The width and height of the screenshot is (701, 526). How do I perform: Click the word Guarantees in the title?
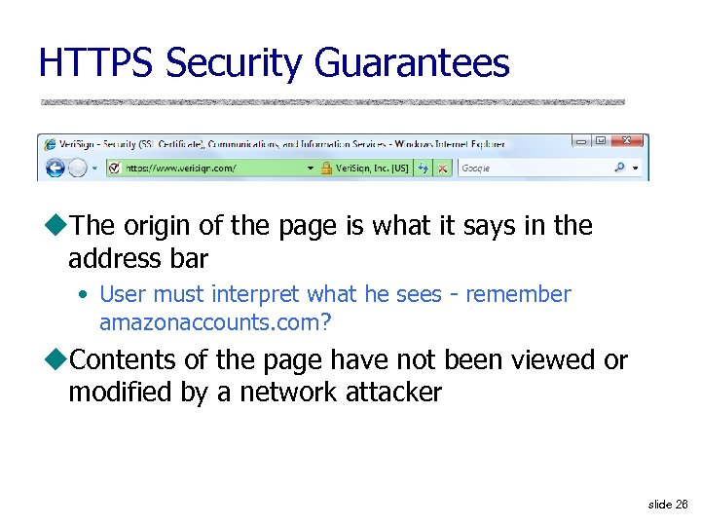click(412, 63)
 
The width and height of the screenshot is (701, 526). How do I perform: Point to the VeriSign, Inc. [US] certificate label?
click(372, 168)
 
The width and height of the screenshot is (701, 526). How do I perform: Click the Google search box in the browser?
click(531, 168)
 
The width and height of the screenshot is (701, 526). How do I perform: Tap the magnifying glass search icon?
click(619, 168)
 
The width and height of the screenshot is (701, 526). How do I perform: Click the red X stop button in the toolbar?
click(442, 168)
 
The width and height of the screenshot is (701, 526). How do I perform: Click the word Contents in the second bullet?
click(125, 360)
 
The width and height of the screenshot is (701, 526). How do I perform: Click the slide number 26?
click(682, 505)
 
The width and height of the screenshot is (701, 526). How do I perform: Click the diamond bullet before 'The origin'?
click(56, 226)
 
